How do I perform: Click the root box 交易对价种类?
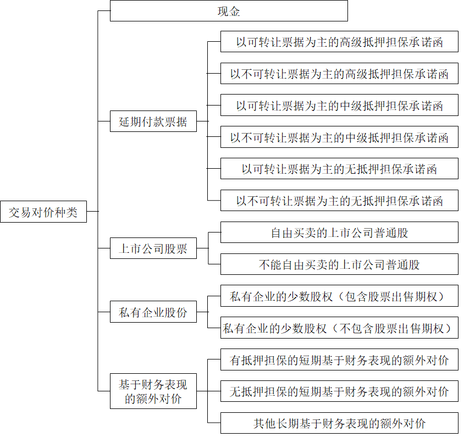click(43, 212)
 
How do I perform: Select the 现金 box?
click(229, 11)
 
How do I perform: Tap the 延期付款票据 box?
click(153, 121)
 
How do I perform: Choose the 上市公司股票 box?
click(153, 248)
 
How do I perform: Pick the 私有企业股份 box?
click(153, 312)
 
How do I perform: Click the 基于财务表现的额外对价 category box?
click(153, 391)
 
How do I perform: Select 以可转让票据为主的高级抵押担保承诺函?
click(339, 42)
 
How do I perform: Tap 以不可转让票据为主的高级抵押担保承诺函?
click(339, 74)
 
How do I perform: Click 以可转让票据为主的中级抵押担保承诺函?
click(339, 106)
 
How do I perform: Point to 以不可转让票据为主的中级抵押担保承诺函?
click(339, 137)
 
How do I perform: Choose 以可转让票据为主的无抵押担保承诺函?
click(339, 169)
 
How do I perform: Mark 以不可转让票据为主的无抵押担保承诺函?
click(339, 201)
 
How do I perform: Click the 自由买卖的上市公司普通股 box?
click(339, 233)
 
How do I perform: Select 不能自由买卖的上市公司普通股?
click(339, 264)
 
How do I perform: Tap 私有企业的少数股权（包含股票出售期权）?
click(339, 296)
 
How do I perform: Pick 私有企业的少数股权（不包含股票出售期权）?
click(339, 328)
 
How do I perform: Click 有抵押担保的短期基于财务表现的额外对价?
click(339, 360)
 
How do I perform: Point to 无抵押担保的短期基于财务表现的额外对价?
click(339, 391)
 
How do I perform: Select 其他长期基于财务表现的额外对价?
click(339, 423)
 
